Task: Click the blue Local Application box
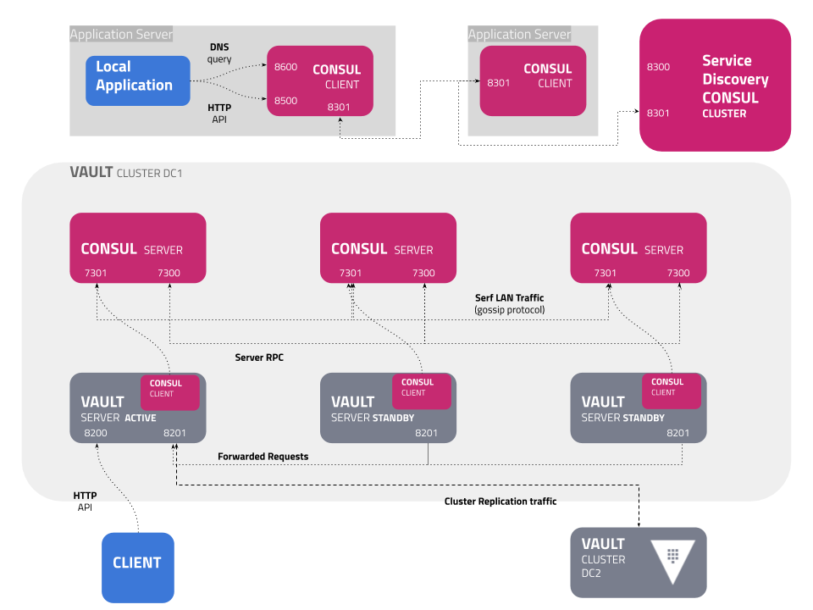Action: click(x=137, y=80)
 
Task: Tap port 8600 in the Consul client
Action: click(x=285, y=67)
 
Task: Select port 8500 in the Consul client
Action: click(x=285, y=101)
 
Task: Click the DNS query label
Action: click(x=219, y=53)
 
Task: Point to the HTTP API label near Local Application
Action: click(x=219, y=114)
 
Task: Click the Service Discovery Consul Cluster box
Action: click(x=715, y=85)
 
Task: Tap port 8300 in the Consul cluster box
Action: click(x=658, y=67)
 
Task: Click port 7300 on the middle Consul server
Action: click(x=423, y=273)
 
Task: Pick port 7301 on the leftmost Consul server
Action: click(x=96, y=273)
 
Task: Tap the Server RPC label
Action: click(x=259, y=358)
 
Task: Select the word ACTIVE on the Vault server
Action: click(x=141, y=418)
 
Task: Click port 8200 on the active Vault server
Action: click(x=96, y=433)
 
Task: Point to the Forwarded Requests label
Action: click(x=263, y=457)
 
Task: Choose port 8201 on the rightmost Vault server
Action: click(x=678, y=433)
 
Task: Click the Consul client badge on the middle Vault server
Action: click(x=421, y=387)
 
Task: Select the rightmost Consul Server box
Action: click(x=638, y=247)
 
